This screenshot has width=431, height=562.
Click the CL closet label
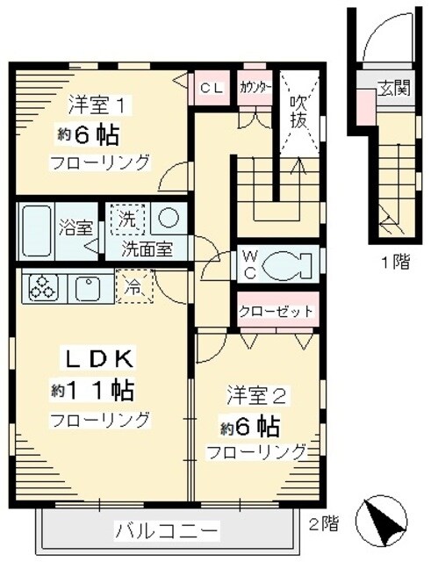212,88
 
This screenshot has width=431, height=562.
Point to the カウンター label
255,88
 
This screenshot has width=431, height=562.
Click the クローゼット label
276,312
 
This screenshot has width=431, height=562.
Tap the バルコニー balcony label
166,531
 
